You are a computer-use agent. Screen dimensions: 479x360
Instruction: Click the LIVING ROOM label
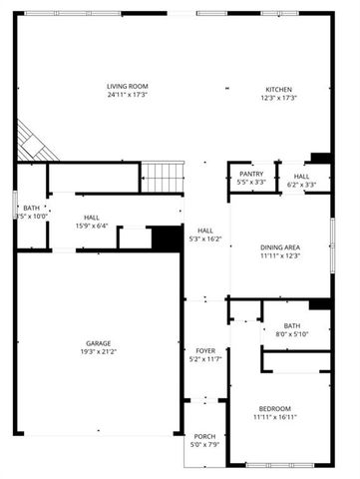128,87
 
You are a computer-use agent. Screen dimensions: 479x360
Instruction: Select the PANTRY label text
251,174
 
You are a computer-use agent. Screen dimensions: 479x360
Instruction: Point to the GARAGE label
97,342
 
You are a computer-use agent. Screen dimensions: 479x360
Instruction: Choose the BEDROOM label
275,408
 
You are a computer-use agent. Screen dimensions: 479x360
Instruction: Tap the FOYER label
205,351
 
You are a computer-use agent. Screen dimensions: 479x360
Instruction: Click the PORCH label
203,436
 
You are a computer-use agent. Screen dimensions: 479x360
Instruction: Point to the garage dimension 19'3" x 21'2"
97,351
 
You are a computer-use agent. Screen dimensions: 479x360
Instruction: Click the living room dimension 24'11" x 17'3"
128,96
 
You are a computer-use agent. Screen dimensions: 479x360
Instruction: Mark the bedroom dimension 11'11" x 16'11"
275,417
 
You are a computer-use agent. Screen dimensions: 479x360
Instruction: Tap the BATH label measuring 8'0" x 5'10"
291,325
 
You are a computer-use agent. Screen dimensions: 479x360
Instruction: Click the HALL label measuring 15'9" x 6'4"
92,217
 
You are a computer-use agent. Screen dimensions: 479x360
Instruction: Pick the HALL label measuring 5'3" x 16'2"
205,231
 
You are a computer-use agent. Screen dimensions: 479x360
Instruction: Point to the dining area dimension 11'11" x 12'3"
280,256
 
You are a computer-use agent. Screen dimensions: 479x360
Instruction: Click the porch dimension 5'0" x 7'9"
203,445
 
